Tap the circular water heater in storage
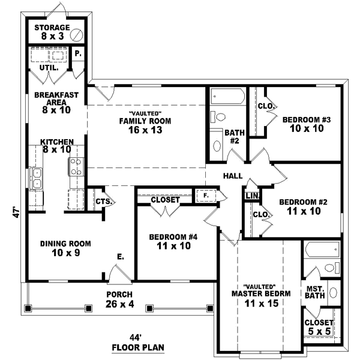(x=76, y=35)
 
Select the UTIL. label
(x=49, y=68)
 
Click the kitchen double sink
(x=35, y=178)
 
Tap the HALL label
(x=232, y=176)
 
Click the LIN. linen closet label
(x=252, y=196)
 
